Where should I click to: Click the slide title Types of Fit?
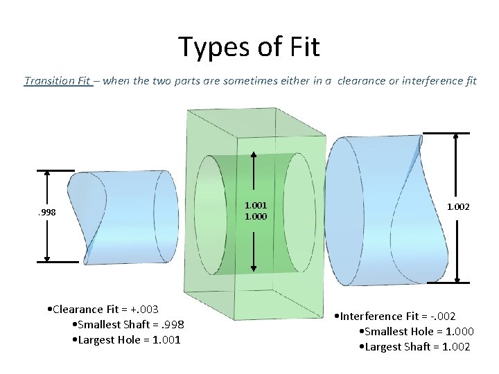click(x=249, y=47)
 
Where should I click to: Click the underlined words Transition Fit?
click(x=58, y=81)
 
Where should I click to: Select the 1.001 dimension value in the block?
click(x=256, y=205)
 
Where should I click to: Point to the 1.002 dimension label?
click(x=457, y=206)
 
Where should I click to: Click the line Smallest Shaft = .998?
click(x=128, y=324)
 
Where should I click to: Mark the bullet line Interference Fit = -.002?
click(x=394, y=316)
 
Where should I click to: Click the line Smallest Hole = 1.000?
click(x=414, y=331)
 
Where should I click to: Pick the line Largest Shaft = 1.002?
click(x=414, y=346)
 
